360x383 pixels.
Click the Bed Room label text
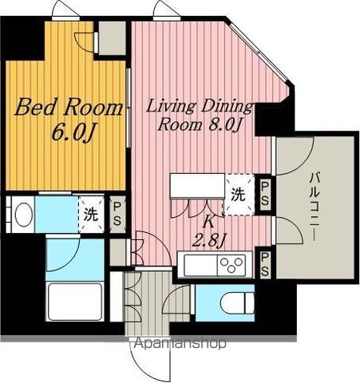coord(69,107)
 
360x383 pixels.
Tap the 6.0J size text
coord(73,132)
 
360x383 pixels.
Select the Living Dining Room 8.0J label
coord(199,115)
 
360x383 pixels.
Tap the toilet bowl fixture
coord(237,303)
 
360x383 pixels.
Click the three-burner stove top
coord(231,265)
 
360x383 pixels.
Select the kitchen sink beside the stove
coord(200,265)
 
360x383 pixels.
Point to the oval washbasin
coord(24,215)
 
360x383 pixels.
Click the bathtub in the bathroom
coord(75,301)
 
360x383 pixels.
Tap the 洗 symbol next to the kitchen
coord(238,195)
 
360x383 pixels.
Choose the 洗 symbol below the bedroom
coord(91,215)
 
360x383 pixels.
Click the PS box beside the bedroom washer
coord(117,215)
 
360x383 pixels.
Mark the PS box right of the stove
coord(264,264)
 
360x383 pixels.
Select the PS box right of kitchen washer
coord(264,193)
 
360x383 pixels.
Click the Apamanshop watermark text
coord(180,343)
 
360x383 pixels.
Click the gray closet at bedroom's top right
coord(112,38)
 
